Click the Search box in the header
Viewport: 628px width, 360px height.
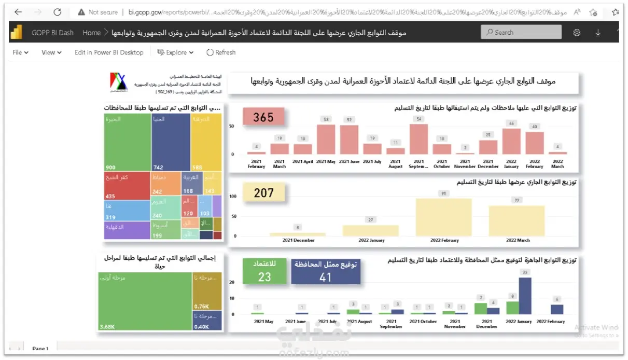pyautogui.click(x=521, y=32)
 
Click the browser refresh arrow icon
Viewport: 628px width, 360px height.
pyautogui.click(x=57, y=12)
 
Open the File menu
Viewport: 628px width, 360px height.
pyautogui.click(x=20, y=52)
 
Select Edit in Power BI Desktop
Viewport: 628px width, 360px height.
pyautogui.click(x=109, y=52)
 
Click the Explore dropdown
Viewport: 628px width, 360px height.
pyautogui.click(x=175, y=52)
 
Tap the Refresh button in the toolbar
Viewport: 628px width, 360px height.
pyautogui.click(x=221, y=52)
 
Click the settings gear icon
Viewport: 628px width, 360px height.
pyautogui.click(x=577, y=33)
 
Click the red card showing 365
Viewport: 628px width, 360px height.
pyautogui.click(x=263, y=118)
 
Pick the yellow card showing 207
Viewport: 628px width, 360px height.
pyautogui.click(x=263, y=193)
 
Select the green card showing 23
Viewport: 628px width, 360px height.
pyautogui.click(x=264, y=272)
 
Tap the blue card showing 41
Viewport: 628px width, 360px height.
pyautogui.click(x=325, y=272)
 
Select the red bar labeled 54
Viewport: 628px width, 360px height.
pyautogui.click(x=418, y=139)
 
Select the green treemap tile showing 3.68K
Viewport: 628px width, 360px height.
pyautogui.click(x=145, y=301)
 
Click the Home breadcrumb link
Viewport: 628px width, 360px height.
pyautogui.click(x=91, y=33)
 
